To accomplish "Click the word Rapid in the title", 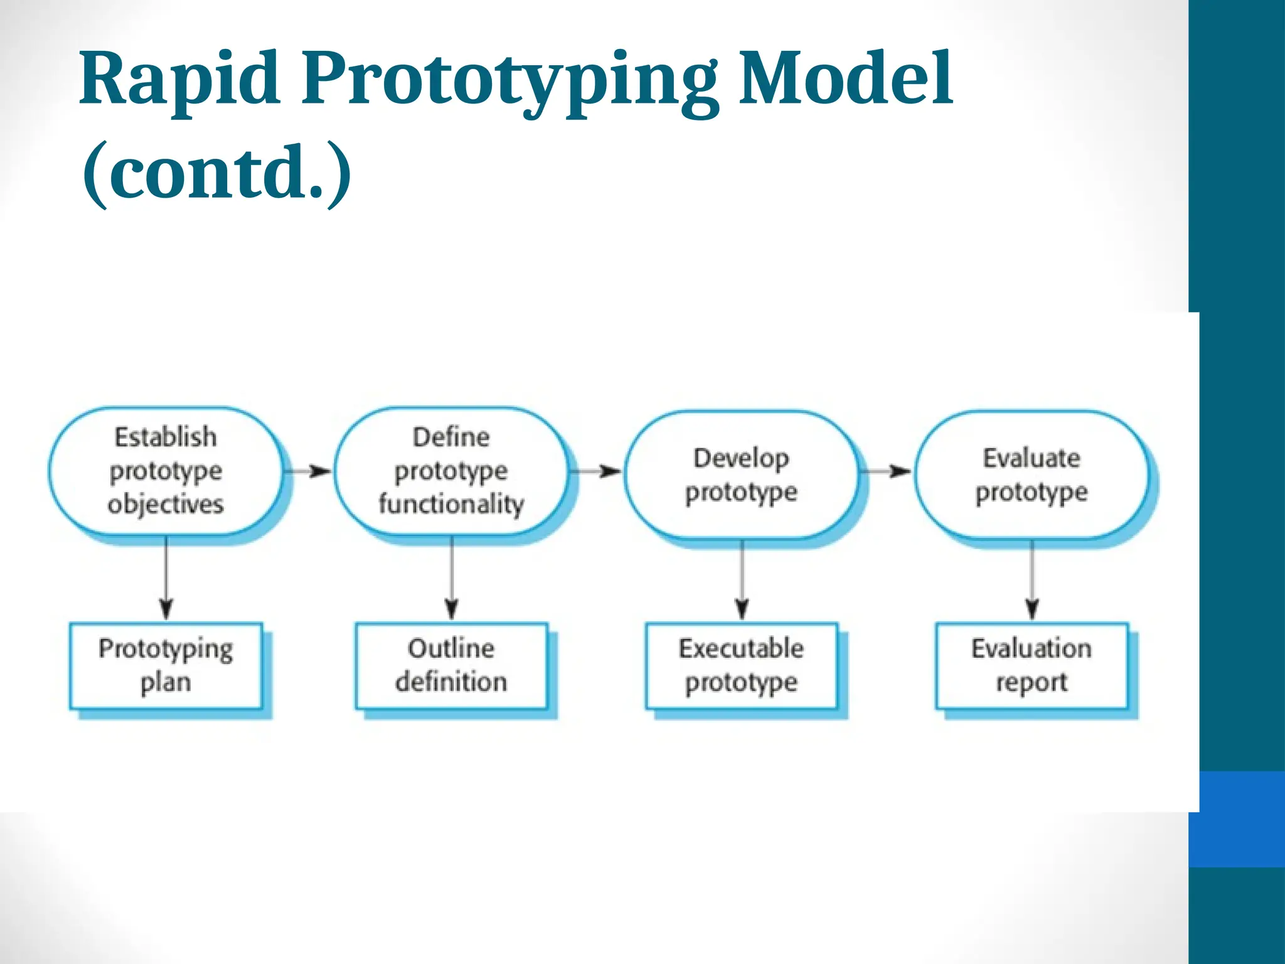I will [179, 80].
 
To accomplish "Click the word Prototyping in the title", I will [509, 82].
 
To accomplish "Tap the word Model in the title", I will [845, 79].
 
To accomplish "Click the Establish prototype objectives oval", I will [166, 471].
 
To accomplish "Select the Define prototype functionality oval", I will [451, 471].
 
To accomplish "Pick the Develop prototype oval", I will [741, 475].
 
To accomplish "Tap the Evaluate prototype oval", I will [1031, 475].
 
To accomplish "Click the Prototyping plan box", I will [166, 665].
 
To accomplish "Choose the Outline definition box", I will [451, 665].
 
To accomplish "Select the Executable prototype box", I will [741, 665].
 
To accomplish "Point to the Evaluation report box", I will [1032, 665].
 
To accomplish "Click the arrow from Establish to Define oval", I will [308, 471].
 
